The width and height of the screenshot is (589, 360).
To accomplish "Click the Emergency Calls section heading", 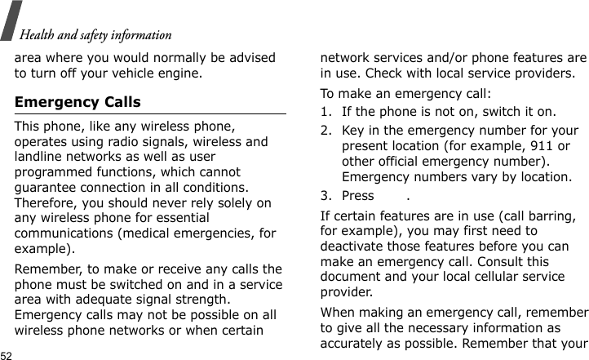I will [x=77, y=103].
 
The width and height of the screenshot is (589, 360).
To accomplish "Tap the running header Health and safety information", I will [x=95, y=35].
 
